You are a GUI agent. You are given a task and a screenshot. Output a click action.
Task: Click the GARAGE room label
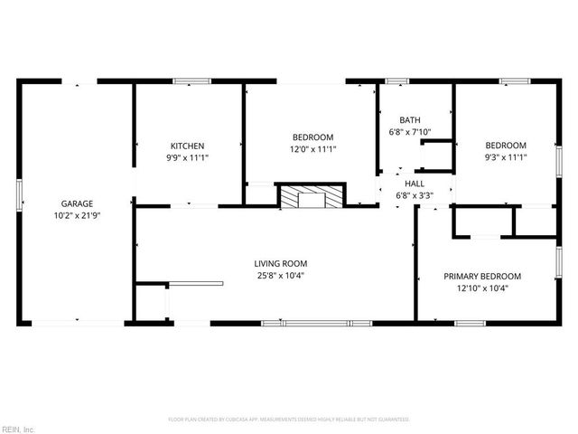tap(77, 203)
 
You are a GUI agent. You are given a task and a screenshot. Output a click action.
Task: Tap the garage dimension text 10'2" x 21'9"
tap(77, 216)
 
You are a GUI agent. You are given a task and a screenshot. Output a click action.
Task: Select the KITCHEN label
tap(188, 146)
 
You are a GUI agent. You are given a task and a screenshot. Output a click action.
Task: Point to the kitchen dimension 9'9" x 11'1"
tap(188, 158)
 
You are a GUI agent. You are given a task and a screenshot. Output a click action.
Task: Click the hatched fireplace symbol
tap(311, 196)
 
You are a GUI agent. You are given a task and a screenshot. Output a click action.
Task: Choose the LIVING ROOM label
tap(280, 263)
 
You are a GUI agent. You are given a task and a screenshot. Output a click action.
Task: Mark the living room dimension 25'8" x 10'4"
tap(280, 276)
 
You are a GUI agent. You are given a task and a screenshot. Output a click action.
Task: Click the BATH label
tap(410, 119)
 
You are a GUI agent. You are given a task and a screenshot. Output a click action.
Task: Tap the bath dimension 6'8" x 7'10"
tap(410, 132)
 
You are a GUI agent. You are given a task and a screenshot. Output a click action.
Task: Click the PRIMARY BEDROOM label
tap(486, 276)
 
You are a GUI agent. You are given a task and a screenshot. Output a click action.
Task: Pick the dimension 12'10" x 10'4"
tap(486, 288)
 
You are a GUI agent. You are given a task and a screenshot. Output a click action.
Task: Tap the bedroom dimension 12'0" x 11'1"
tap(312, 149)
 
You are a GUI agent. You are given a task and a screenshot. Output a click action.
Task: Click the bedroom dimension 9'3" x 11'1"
tap(506, 158)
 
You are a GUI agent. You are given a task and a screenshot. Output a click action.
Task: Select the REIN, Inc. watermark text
tap(17, 429)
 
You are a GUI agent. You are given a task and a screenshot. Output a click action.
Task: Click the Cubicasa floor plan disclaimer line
tap(289, 420)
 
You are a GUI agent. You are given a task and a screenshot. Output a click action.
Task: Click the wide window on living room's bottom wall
tap(316, 323)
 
